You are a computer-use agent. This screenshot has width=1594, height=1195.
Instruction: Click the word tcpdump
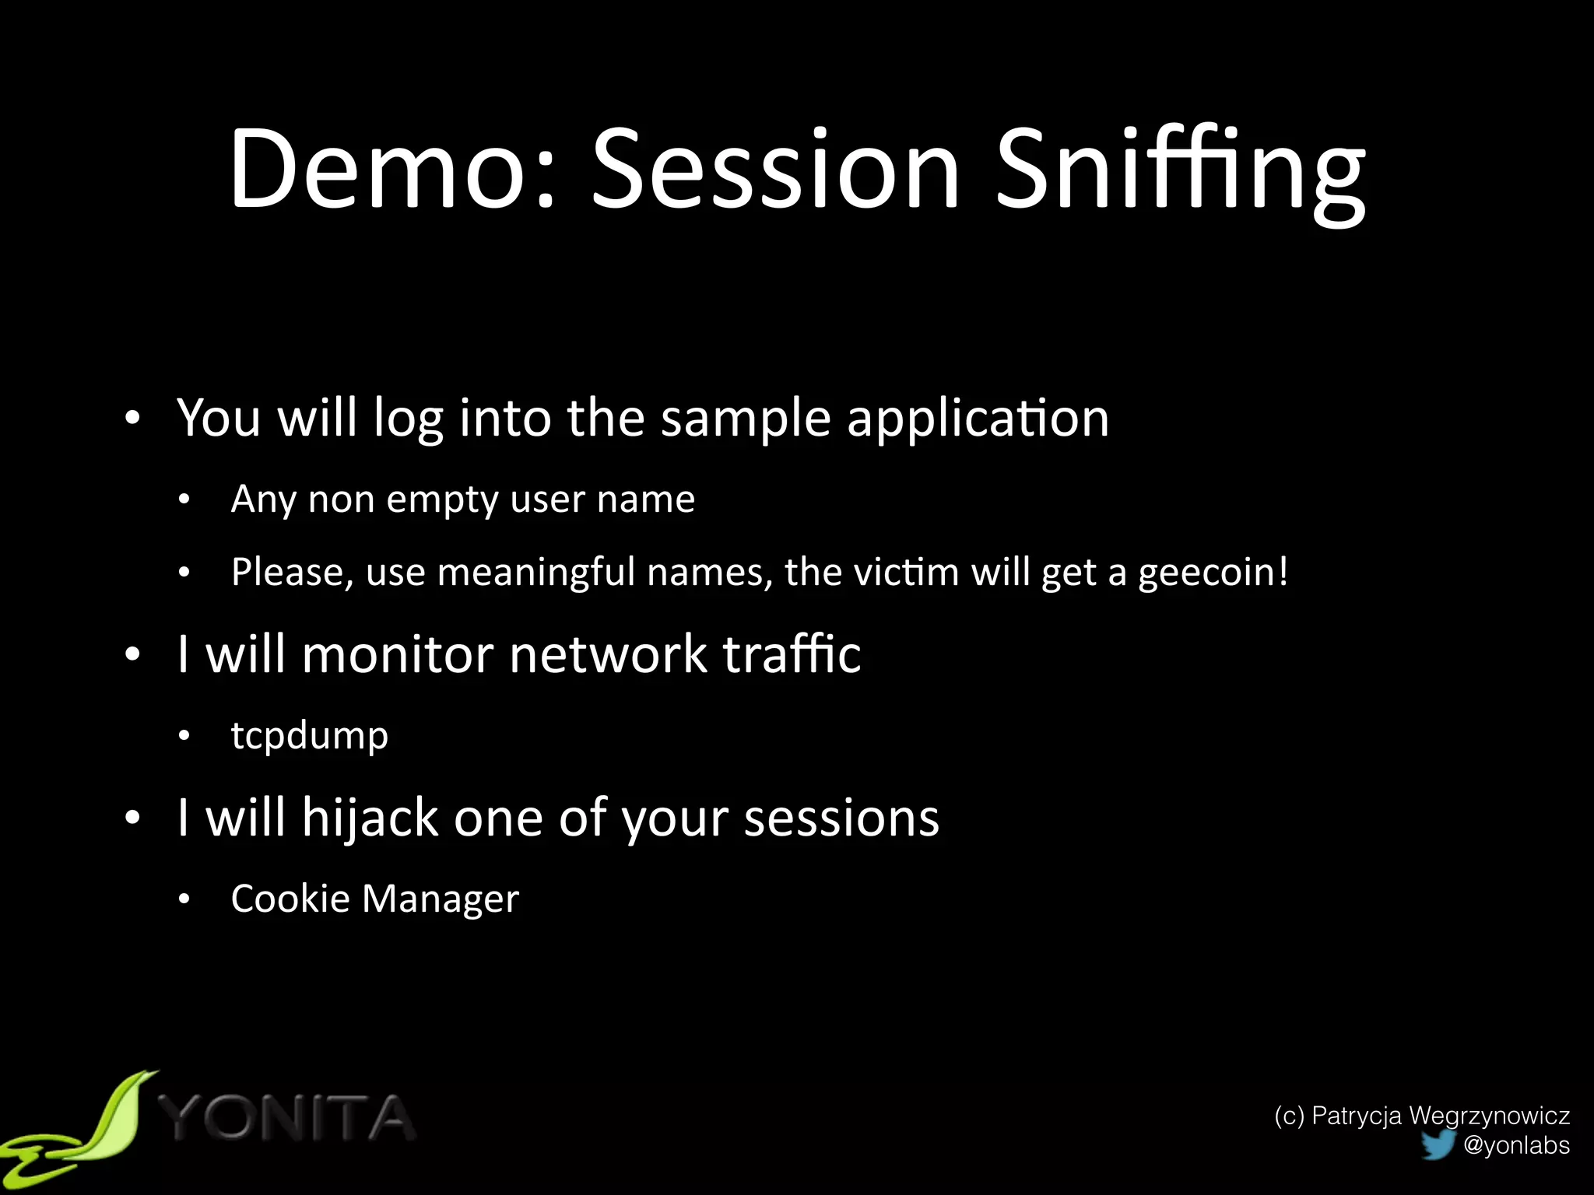310,736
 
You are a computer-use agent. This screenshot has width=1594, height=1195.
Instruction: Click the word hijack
370,818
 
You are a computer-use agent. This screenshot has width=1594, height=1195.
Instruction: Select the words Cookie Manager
374,899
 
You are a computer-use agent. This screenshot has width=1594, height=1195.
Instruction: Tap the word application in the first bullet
978,420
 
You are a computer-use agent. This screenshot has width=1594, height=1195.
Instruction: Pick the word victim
906,573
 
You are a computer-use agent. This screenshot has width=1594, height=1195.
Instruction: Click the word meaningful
536,573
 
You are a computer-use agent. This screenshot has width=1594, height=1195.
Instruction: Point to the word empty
442,499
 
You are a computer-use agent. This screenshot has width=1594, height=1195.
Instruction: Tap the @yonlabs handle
1516,1145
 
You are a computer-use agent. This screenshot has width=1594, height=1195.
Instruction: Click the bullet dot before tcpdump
184,736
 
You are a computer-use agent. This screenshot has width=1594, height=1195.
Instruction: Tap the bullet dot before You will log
133,419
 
